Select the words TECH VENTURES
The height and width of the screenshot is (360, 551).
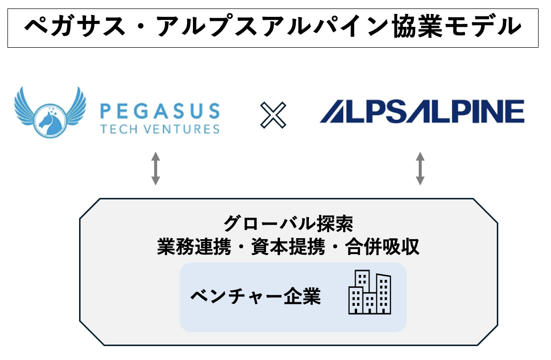160,129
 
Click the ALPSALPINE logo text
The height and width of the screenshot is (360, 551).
422,111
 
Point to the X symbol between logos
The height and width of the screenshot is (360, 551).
273,115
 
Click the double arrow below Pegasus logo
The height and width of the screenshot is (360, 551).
156,169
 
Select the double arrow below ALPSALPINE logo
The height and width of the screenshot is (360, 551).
420,169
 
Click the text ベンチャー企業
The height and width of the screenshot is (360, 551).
256,297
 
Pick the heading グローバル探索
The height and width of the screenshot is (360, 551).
288,224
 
